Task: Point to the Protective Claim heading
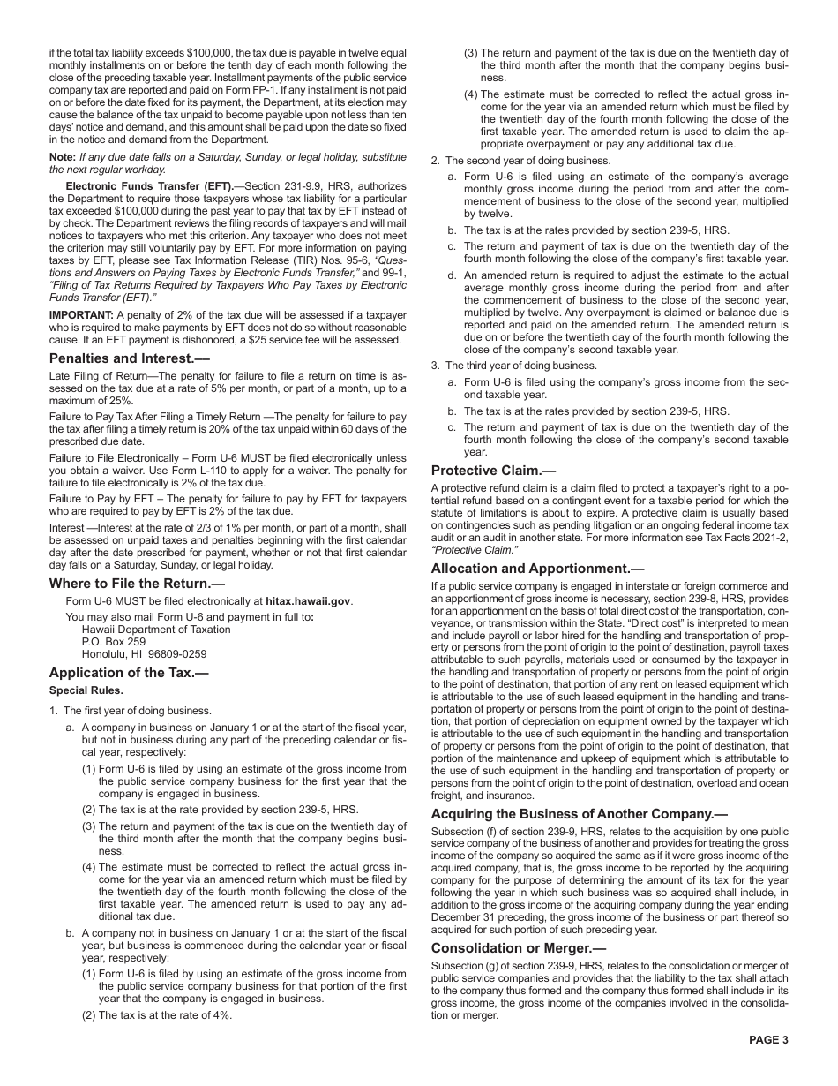(x=494, y=471)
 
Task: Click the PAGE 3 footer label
(x=768, y=1039)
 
